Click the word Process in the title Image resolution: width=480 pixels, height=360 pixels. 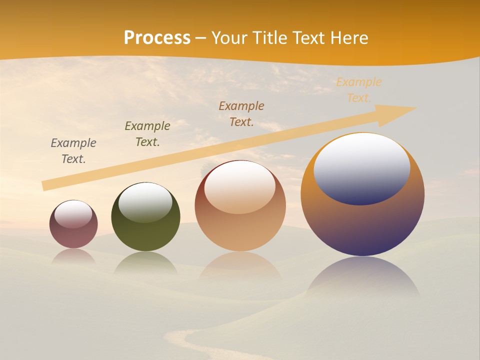coord(157,38)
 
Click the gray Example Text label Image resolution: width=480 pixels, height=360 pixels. coord(73,151)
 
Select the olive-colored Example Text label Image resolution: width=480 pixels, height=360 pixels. coord(147,134)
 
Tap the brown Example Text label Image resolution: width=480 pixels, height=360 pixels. coord(241,113)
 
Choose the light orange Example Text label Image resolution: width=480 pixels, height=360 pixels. coord(359,90)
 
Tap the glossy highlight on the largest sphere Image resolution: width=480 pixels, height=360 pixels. coord(361,168)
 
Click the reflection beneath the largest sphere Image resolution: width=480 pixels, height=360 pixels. coord(362,277)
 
